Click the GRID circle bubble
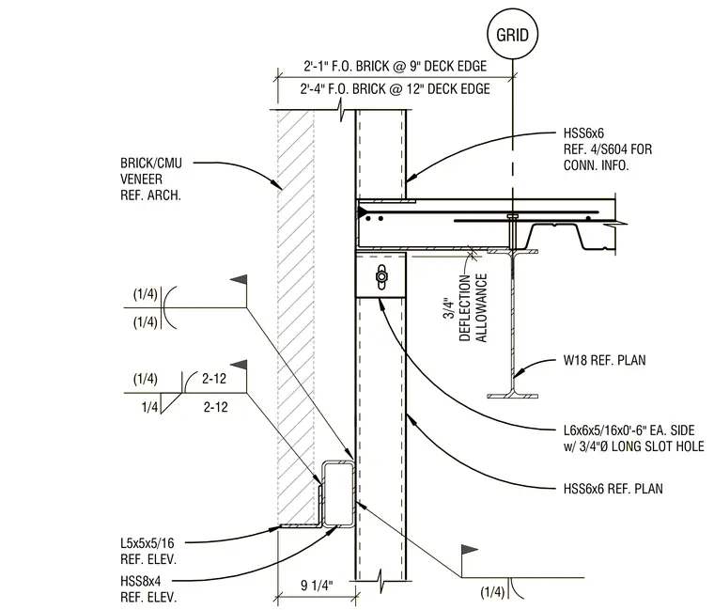pos(512,34)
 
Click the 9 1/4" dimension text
pos(317,585)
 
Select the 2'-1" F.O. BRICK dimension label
pos(396,67)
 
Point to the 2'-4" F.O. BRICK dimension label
pos(395,89)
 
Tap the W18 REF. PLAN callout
pos(604,360)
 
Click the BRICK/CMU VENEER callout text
pos(150,179)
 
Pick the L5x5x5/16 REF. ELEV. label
pos(148,551)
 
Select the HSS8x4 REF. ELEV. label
pos(148,588)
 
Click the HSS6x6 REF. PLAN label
pos(613,489)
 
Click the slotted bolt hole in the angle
pos(381,276)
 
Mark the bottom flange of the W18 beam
pos(512,396)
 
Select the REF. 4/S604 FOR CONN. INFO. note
pos(608,157)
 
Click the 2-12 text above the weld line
pos(214,379)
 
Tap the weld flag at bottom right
pos(470,551)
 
